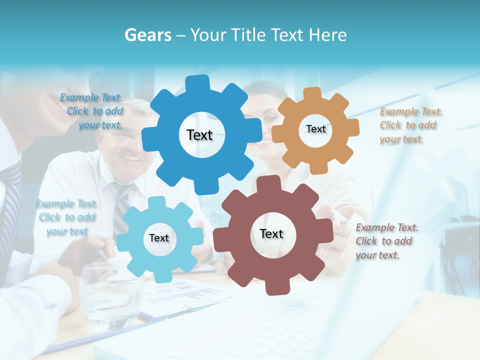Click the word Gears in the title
coord(148,35)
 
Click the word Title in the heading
coord(248,35)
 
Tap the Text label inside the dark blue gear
coord(199,135)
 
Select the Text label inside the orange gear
coord(315,129)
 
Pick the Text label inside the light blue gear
coord(159,238)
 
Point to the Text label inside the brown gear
coord(271,234)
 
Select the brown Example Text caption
coord(386,241)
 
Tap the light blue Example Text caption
coord(67,217)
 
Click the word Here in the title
coord(327,35)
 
